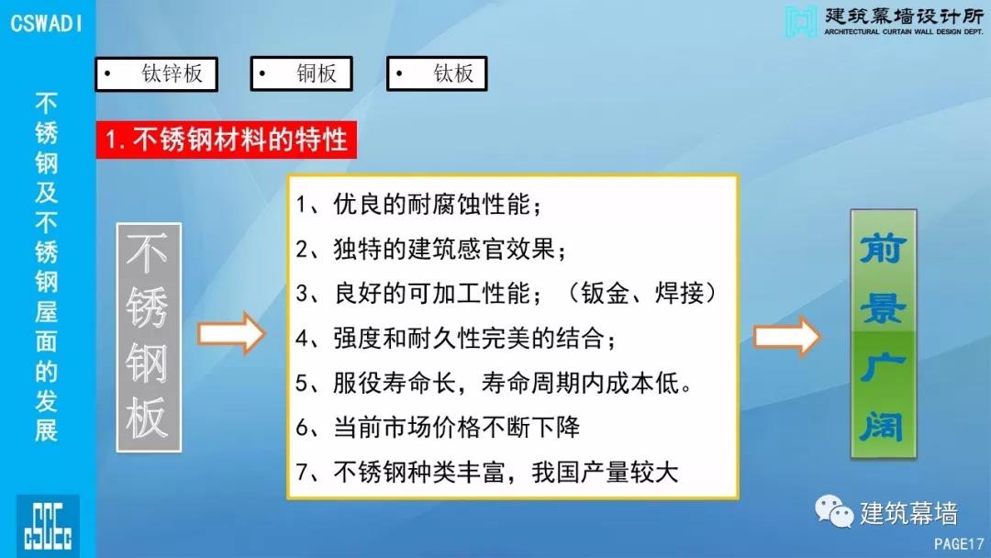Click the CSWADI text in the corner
(x=46, y=23)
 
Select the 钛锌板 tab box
(x=157, y=74)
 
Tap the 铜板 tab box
(x=302, y=73)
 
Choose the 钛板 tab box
(x=437, y=73)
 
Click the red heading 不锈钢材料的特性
(x=227, y=139)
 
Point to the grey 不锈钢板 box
(x=149, y=337)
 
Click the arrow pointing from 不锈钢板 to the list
(x=231, y=333)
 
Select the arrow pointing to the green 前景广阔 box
(x=787, y=336)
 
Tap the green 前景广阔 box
(x=883, y=334)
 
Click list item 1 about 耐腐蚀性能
(x=418, y=205)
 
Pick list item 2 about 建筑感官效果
(x=430, y=249)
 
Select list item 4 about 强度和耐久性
(x=456, y=338)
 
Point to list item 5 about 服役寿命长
(x=495, y=383)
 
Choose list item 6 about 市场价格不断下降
(x=438, y=427)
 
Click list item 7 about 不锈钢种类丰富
(x=486, y=472)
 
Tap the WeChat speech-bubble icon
(x=833, y=510)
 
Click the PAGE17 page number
(x=959, y=543)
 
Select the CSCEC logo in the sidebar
(x=48, y=526)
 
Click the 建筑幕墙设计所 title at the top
(x=904, y=16)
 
